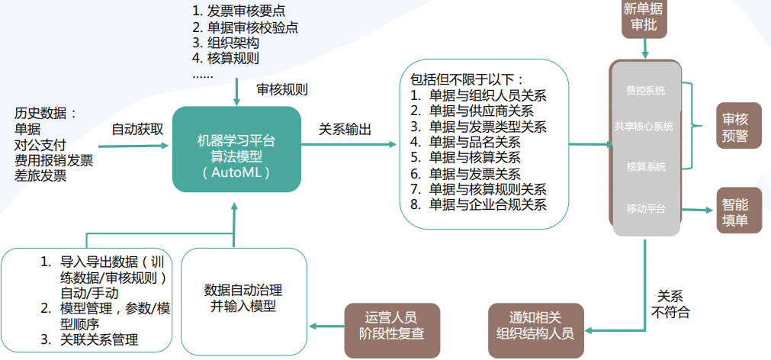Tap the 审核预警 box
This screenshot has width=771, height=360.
736,126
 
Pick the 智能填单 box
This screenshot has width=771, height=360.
736,210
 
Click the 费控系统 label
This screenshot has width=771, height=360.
645,91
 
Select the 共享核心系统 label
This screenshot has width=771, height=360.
645,127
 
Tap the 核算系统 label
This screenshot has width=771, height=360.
645,166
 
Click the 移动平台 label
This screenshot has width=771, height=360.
645,207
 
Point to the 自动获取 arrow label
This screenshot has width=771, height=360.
137,128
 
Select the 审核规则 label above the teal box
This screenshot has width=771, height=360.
281,90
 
